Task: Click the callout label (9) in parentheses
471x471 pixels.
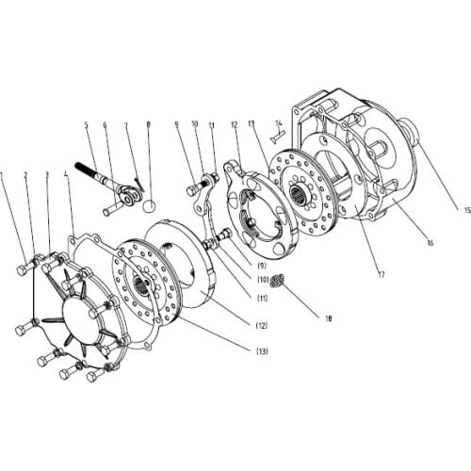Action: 259,276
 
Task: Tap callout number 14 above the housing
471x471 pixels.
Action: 279,122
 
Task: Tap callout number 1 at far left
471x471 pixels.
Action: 6,174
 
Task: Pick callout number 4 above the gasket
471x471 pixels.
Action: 65,174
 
